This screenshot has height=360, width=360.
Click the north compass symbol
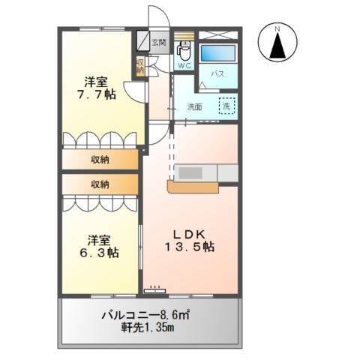(x=277, y=43)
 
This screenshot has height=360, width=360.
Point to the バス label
(x=218, y=74)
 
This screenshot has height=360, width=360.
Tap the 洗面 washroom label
(x=195, y=106)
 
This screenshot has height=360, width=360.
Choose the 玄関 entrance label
(x=159, y=43)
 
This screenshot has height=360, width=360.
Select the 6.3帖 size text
(x=99, y=253)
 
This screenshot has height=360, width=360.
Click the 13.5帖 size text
(x=190, y=246)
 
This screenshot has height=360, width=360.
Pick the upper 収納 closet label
(x=100, y=159)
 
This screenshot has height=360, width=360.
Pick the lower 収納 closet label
(x=100, y=184)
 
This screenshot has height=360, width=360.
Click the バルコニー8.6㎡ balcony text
(x=149, y=315)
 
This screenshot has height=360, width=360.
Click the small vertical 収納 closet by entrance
(x=139, y=65)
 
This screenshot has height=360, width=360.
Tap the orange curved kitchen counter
(x=193, y=188)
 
